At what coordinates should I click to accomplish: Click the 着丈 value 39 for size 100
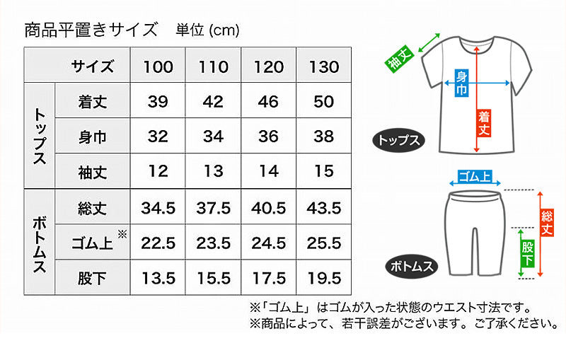[x=158, y=101]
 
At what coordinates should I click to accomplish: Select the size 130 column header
[x=324, y=66]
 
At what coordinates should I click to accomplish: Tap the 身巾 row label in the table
[x=93, y=137]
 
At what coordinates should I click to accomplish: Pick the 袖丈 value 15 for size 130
[x=324, y=171]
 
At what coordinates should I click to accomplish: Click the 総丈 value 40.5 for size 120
[x=269, y=208]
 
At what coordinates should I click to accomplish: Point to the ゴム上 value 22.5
[x=158, y=243]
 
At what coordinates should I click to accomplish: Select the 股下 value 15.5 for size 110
[x=214, y=278]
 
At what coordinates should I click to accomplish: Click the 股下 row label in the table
[x=93, y=278]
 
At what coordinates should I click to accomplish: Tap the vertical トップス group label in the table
[x=40, y=137]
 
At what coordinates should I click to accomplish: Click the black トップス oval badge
[x=398, y=140]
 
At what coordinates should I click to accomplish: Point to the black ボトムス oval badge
[x=412, y=266]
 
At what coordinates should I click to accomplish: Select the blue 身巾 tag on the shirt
[x=461, y=83]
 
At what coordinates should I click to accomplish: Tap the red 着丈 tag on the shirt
[x=484, y=123]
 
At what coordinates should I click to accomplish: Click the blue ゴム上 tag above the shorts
[x=475, y=177]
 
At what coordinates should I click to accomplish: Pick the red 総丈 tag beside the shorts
[x=547, y=222]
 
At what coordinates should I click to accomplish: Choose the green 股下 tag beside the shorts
[x=528, y=253]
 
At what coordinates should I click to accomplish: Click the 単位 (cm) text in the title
[x=207, y=30]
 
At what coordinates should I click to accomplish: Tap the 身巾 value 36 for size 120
[x=269, y=137]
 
